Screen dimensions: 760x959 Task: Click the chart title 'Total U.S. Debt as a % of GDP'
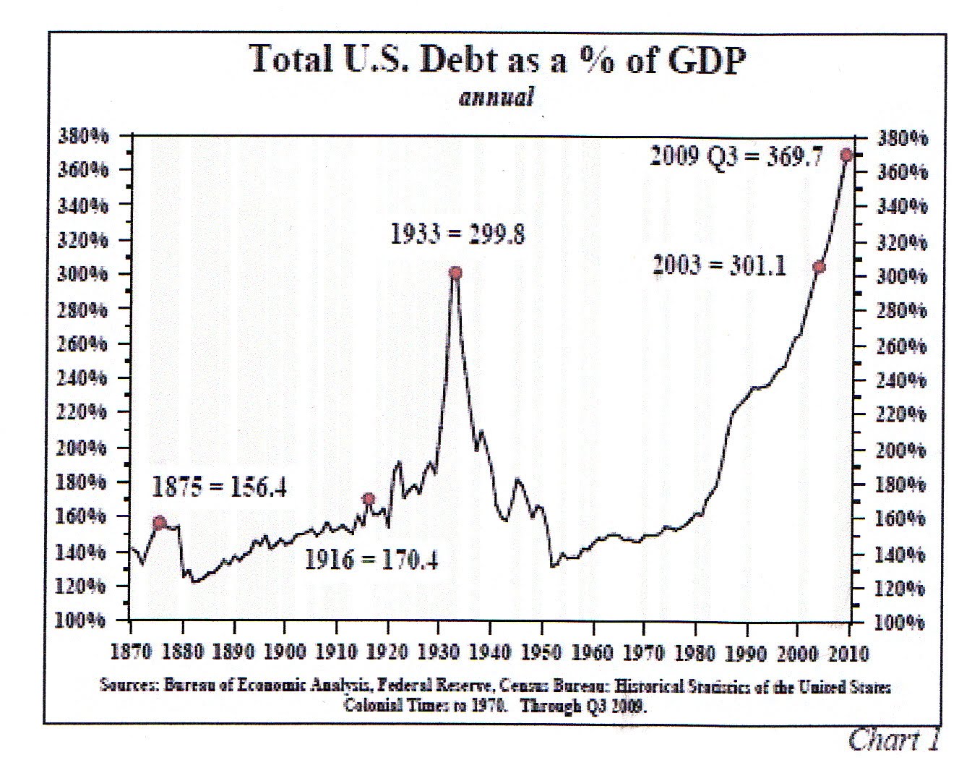pos(496,60)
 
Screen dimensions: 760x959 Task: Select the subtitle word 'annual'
pos(496,97)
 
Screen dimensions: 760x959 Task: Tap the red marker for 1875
pos(160,523)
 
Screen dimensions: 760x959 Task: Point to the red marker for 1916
pos(369,499)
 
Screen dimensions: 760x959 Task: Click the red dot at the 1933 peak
pos(455,273)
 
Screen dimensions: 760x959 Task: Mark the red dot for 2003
pos(819,267)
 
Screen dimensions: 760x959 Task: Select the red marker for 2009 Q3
pos(846,155)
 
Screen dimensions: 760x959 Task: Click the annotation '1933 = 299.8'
pos(457,234)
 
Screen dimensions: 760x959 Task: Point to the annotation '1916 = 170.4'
pos(371,559)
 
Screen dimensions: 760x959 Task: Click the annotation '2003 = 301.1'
pos(719,265)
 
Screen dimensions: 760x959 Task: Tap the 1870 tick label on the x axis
pos(130,653)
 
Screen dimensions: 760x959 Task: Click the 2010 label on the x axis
pos(848,653)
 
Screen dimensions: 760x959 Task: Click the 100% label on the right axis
pos(900,623)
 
